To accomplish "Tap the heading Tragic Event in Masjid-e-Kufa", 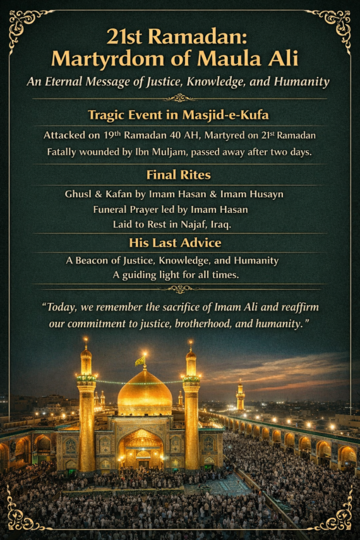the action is (x=179, y=115).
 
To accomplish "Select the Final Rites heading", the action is (x=179, y=175).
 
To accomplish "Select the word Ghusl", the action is (x=78, y=194).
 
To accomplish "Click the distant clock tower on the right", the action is (x=240, y=395).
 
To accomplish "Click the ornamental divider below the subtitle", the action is (x=180, y=98).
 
